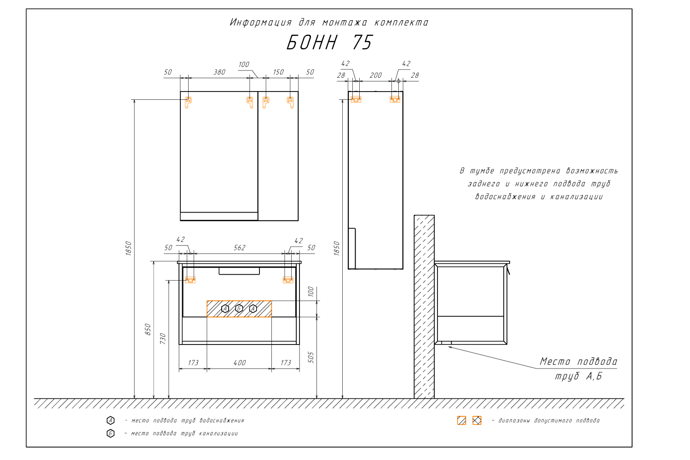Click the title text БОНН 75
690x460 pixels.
point(330,42)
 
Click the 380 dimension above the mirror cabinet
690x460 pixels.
point(219,72)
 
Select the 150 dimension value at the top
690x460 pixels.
point(278,72)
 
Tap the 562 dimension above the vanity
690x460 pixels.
point(239,248)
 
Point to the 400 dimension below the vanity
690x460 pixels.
point(240,362)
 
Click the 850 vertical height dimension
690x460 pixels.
point(148,329)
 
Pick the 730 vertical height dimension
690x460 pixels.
point(163,338)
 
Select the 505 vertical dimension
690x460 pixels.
point(311,357)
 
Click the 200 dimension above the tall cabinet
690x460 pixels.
point(375,75)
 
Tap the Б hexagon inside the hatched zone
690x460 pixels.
point(239,308)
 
